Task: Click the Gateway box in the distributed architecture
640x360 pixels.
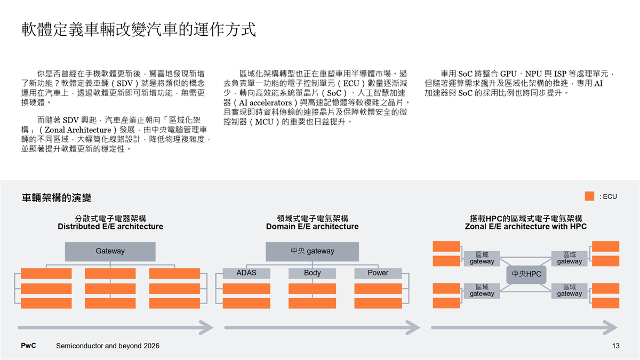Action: [110, 251]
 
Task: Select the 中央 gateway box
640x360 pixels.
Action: [312, 251]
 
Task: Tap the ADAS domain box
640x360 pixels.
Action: [246, 273]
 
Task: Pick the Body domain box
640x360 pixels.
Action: [312, 273]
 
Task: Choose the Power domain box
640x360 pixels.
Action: [378, 273]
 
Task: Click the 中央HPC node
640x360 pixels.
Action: [526, 274]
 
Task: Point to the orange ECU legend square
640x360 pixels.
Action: [589, 196]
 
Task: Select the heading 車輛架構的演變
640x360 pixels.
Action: [57, 198]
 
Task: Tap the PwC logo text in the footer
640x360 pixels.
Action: [28, 346]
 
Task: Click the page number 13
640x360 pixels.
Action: [616, 346]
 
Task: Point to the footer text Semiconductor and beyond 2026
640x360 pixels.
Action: [108, 346]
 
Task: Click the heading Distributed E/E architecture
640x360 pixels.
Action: [110, 227]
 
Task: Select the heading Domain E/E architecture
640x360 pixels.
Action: [312, 227]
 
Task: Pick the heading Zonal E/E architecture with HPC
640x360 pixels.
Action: [525, 227]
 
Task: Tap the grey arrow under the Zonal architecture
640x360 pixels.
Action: [523, 326]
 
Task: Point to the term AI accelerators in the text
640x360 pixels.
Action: [263, 102]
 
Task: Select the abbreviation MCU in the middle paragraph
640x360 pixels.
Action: [261, 122]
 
